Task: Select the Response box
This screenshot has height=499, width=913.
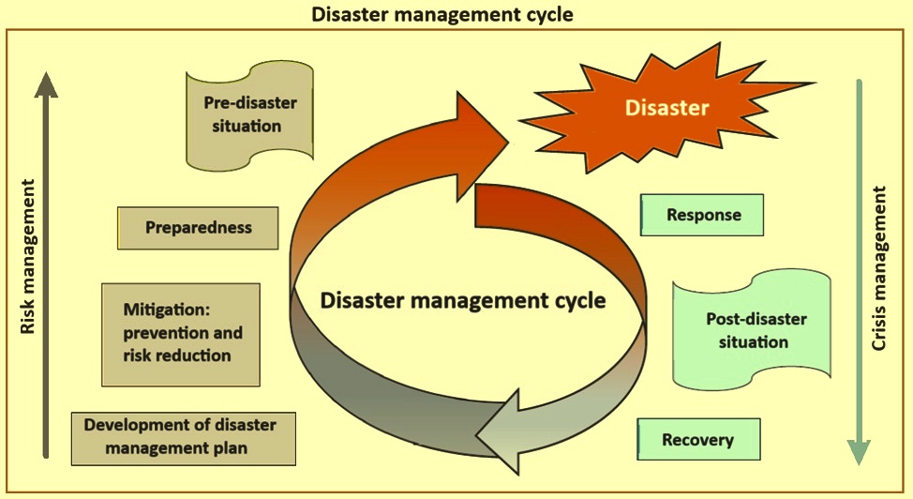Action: click(x=702, y=215)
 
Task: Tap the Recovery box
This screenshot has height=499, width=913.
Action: click(x=698, y=439)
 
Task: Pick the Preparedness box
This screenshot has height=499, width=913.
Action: click(x=199, y=227)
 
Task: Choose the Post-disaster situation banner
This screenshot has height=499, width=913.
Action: click(x=753, y=330)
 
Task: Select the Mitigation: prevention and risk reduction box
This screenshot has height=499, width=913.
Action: click(x=180, y=334)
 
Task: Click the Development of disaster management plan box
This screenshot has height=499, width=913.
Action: click(x=184, y=437)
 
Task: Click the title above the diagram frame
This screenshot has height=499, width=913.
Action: click(x=456, y=14)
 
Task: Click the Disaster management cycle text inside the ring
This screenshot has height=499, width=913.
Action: click(x=463, y=301)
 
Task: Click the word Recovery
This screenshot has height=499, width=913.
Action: click(x=698, y=439)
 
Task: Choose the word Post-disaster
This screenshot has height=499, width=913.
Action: click(x=756, y=319)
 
